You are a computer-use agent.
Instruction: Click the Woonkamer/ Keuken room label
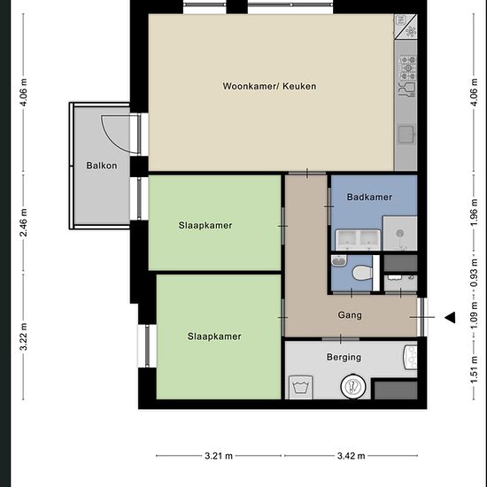click(x=269, y=86)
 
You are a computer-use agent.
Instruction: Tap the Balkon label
click(x=102, y=166)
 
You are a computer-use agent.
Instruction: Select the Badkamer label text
click(x=369, y=197)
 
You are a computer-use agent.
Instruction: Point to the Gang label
click(x=350, y=315)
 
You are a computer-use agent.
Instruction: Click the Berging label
click(x=344, y=357)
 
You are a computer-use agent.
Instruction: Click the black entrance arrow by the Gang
click(x=450, y=317)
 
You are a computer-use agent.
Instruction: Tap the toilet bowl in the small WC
click(x=363, y=274)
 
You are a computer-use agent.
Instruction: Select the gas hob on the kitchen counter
click(x=408, y=67)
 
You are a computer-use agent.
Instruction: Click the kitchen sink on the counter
click(x=406, y=135)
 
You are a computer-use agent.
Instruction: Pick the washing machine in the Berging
click(x=301, y=387)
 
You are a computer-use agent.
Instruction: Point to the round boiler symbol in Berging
click(x=353, y=386)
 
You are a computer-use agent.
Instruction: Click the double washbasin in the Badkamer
click(x=358, y=240)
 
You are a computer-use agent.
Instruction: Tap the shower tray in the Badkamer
click(x=400, y=233)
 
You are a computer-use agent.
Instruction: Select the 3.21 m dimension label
click(x=219, y=456)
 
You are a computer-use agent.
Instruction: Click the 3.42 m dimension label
click(x=352, y=456)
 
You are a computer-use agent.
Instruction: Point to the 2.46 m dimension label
click(x=24, y=222)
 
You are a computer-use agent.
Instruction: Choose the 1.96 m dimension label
click(x=474, y=213)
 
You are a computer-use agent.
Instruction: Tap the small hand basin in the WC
click(x=339, y=260)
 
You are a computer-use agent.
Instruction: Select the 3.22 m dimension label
click(x=24, y=336)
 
